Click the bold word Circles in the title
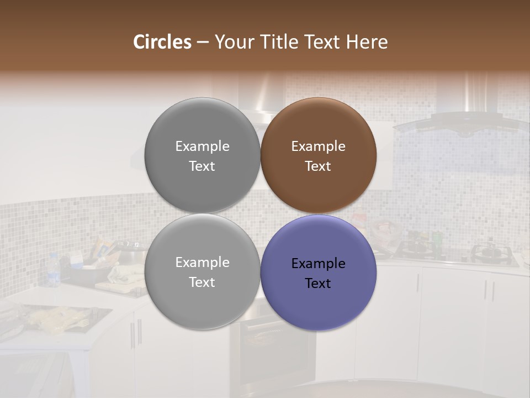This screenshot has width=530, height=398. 162,42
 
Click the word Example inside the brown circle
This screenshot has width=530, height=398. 318,146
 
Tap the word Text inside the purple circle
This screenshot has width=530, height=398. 318,284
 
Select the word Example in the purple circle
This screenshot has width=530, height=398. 318,264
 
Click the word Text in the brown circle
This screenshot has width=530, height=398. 318,166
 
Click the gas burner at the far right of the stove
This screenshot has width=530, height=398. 489,252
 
